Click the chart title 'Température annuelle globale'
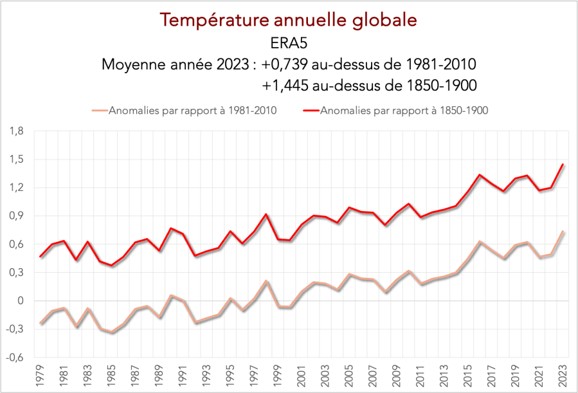point(289,20)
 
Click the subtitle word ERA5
point(289,43)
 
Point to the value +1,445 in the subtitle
point(289,86)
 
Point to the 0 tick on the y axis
point(21,301)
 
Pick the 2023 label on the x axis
point(563,374)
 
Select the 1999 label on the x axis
point(279,374)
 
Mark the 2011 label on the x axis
point(421,374)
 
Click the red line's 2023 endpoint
point(563,164)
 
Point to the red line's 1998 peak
point(267,214)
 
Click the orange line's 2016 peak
point(480,242)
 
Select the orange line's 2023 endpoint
point(563,232)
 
